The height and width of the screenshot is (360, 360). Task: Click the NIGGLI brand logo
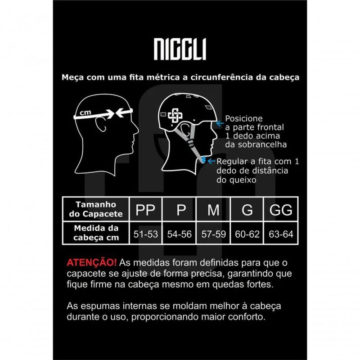point(180,49)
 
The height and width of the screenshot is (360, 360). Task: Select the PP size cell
point(145,209)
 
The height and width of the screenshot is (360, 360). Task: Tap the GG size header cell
point(281,209)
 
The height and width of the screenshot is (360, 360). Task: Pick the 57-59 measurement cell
point(213,234)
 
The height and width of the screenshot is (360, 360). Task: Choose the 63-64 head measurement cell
point(281,234)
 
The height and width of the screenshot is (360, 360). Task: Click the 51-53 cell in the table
point(145,234)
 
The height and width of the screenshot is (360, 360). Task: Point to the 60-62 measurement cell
point(247,234)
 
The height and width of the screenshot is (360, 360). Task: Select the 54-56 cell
point(179,234)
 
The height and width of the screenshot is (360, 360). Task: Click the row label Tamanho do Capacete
point(96,209)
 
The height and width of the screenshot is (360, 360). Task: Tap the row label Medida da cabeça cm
point(96,233)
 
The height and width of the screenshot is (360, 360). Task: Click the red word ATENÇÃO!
point(92,262)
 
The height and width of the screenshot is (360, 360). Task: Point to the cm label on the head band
point(85,112)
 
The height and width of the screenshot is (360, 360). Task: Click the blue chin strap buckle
point(203,160)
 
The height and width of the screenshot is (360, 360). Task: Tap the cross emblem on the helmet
point(175,116)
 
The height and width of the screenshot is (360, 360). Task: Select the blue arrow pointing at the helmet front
point(220,123)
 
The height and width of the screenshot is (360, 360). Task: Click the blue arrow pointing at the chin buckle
point(211,162)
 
